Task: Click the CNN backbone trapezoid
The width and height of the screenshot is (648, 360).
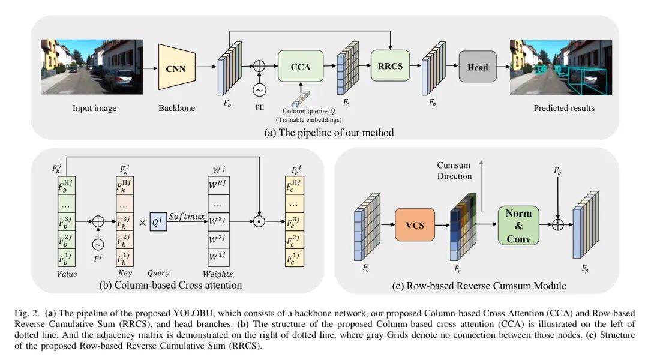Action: click(176, 67)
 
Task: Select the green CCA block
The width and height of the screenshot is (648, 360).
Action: click(301, 66)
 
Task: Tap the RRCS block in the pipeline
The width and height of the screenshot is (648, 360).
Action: click(390, 66)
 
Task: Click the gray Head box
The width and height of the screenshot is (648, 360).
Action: click(478, 67)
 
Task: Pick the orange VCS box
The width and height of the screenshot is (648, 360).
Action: click(415, 225)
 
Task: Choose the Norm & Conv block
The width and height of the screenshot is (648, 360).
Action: click(518, 226)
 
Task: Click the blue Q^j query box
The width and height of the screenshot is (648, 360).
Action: click(158, 222)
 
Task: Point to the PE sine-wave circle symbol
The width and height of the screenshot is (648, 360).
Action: click(259, 90)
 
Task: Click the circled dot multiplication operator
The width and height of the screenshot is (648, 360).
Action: click(259, 221)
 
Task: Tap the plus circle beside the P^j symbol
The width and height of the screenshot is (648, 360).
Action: click(98, 221)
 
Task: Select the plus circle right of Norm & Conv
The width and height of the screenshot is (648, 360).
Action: click(558, 224)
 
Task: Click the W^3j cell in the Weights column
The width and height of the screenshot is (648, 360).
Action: click(218, 221)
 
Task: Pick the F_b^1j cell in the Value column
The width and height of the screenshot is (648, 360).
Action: click(67, 257)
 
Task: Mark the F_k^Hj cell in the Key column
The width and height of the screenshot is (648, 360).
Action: click(125, 185)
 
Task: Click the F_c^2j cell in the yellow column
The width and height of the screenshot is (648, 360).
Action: click(295, 240)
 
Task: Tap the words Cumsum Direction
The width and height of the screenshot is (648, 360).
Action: click(454, 170)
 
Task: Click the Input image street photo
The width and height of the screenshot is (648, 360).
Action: click(92, 67)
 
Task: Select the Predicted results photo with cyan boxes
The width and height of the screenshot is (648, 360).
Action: click(561, 67)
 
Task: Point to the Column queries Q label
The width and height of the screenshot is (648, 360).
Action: click(308, 111)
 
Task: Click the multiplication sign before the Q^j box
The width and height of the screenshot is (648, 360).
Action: click(142, 223)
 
